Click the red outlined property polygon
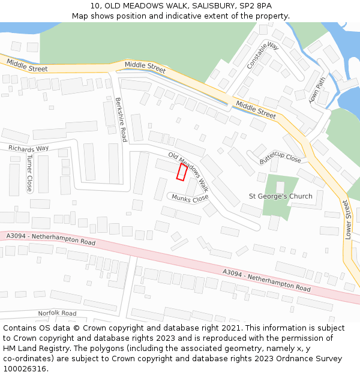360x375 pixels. (181, 172)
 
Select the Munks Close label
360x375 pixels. (190, 197)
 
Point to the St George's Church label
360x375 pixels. (281, 196)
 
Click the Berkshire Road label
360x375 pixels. (121, 119)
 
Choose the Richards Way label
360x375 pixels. (28, 148)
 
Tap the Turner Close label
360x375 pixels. (29, 173)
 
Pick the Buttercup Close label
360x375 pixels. (280, 158)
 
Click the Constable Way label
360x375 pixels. (263, 55)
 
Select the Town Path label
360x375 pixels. (317, 89)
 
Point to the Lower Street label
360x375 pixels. (347, 220)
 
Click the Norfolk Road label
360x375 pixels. (57, 313)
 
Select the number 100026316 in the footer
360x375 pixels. (26, 368)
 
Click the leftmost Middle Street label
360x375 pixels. (28, 68)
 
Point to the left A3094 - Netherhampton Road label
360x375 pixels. (51, 239)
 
